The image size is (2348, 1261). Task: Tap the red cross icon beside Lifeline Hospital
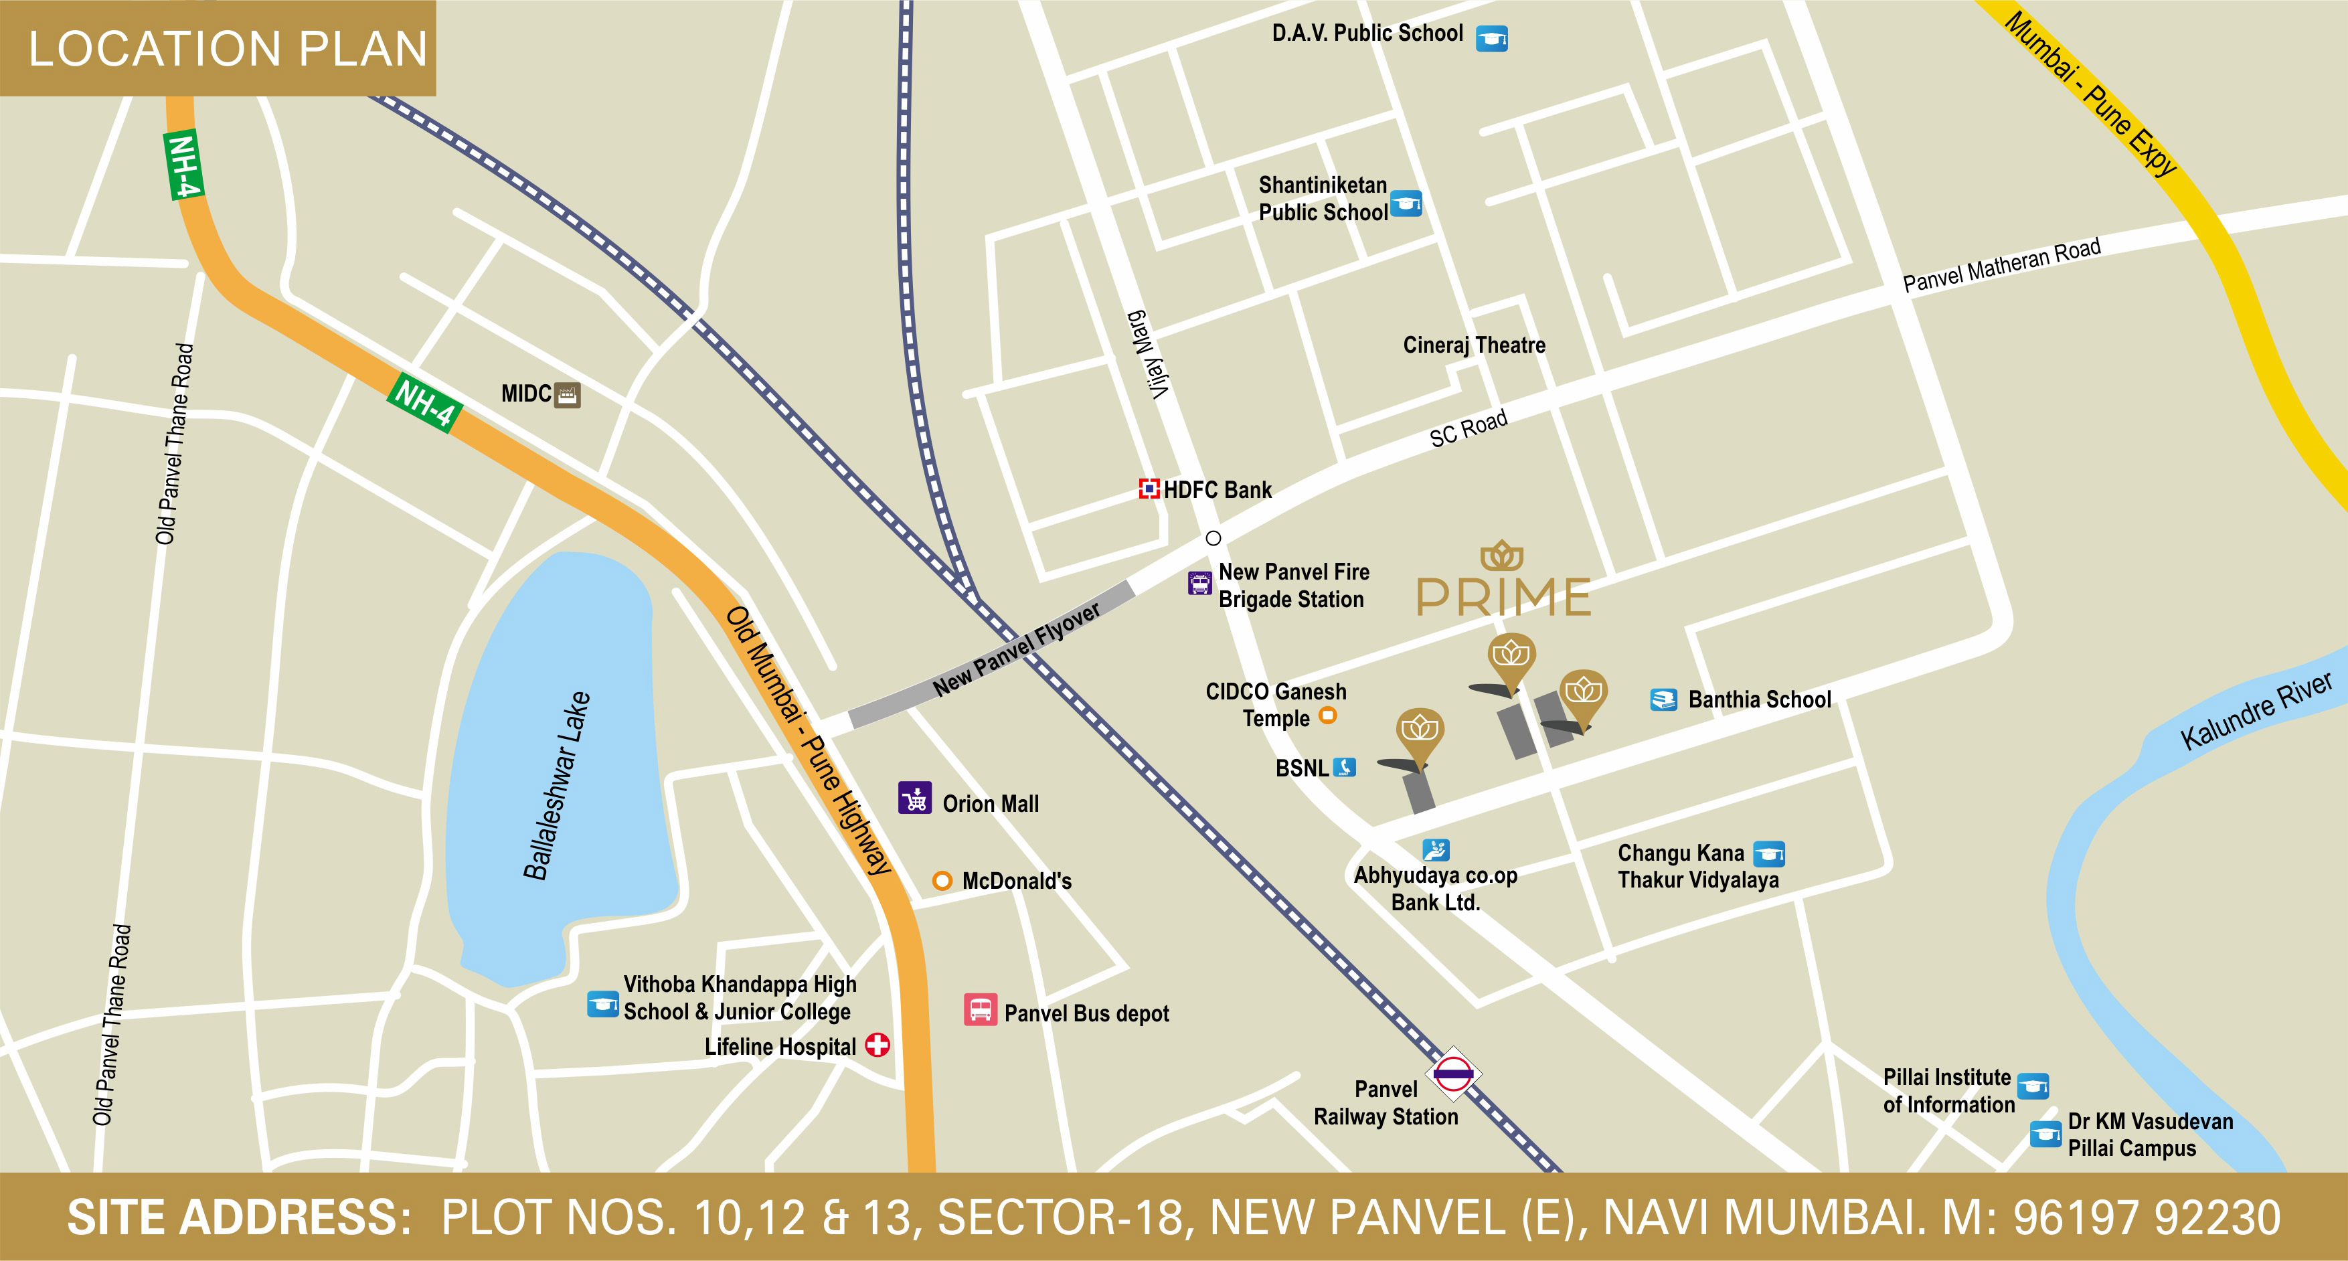(877, 1045)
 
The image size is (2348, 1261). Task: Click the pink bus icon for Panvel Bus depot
(980, 1010)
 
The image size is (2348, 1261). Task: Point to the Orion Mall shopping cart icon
(915, 798)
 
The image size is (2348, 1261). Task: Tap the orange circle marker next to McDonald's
(942, 881)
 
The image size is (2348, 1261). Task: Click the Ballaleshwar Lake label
(556, 786)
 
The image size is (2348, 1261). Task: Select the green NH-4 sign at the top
(183, 166)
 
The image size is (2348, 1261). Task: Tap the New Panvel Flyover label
(1015, 649)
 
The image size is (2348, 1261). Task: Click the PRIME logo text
(1503, 596)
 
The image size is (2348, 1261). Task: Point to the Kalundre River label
(2255, 711)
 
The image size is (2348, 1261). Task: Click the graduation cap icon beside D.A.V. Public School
(1491, 38)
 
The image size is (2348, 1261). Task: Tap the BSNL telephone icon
(1345, 767)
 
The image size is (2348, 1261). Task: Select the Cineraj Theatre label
(1474, 345)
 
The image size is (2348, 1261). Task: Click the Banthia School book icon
(1663, 699)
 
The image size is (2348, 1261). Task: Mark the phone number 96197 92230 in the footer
(2146, 1218)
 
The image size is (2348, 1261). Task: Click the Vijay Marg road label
(1148, 355)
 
